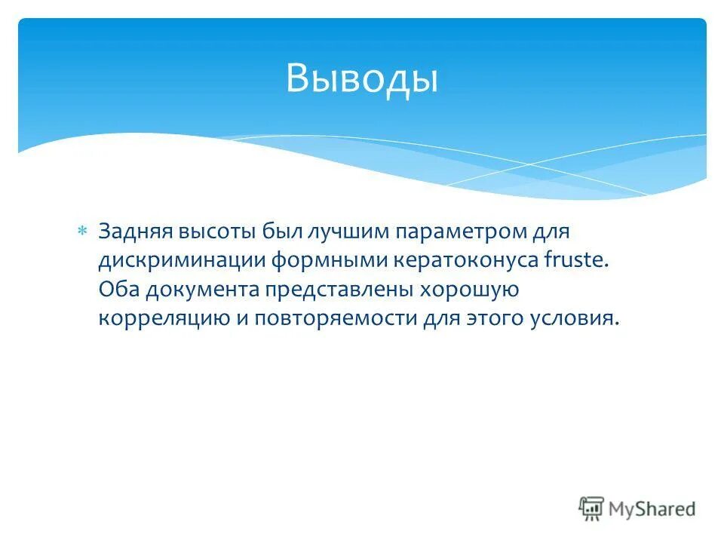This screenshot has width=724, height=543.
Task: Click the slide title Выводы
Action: tap(361, 78)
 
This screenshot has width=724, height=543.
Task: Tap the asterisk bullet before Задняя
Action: tap(83, 230)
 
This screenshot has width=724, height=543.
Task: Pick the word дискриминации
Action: tap(179, 259)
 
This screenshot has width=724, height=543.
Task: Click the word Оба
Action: tap(118, 289)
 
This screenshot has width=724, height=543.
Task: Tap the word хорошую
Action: tap(468, 289)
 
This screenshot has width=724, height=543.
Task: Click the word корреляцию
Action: tap(164, 318)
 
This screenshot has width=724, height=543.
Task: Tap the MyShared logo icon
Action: tap(592, 508)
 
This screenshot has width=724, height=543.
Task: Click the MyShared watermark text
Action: tap(653, 509)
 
